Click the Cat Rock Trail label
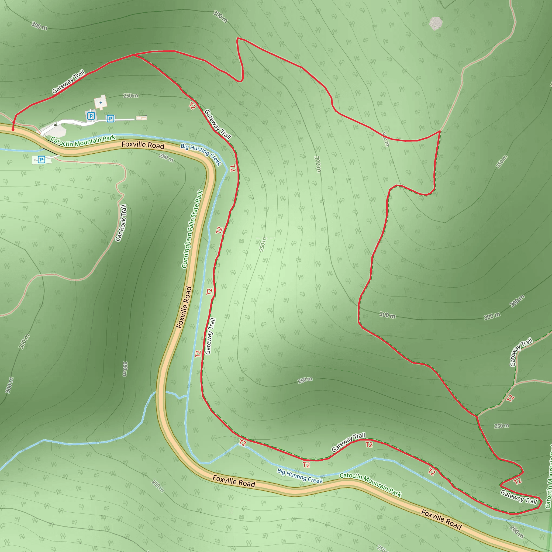click(x=121, y=223)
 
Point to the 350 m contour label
click(x=501, y=161)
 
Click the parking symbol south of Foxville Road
click(x=42, y=160)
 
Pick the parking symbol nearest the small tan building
click(x=110, y=118)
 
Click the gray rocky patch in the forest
click(x=436, y=23)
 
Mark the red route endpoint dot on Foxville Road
click(x=13, y=130)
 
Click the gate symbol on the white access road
click(x=56, y=125)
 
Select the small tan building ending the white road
click(x=141, y=118)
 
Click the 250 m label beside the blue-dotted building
click(x=130, y=96)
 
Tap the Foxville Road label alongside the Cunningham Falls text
click(x=184, y=307)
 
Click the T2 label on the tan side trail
click(x=510, y=398)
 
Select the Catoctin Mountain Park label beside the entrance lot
click(x=83, y=141)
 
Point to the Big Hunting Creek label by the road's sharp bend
click(x=201, y=154)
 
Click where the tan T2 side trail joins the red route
click(x=477, y=416)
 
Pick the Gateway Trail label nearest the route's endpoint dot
click(x=68, y=81)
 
